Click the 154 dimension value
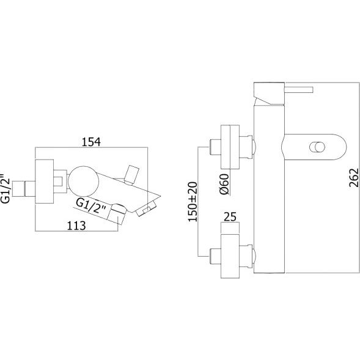click(x=91, y=142)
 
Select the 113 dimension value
click(x=76, y=226)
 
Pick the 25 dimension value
click(x=230, y=216)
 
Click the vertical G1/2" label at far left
click(x=6, y=189)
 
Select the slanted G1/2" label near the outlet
click(x=91, y=206)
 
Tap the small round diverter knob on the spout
click(x=317, y=147)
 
